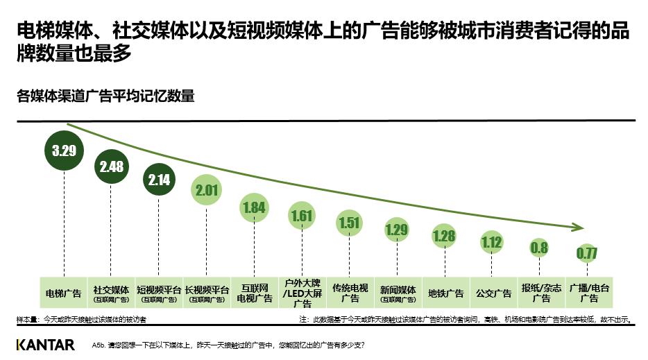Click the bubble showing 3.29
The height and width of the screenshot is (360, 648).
pyautogui.click(x=64, y=150)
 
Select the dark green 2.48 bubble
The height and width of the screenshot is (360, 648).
pyautogui.click(x=112, y=167)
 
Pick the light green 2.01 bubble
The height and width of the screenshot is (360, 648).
pyautogui.click(x=207, y=190)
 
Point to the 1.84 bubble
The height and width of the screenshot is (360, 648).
pyautogui.click(x=255, y=207)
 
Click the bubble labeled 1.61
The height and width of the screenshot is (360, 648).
pyautogui.click(x=302, y=216)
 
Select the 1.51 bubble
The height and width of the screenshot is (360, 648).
pyautogui.click(x=350, y=223)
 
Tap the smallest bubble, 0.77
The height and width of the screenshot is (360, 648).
pyautogui.click(x=587, y=253)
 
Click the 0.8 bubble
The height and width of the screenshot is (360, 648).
pyautogui.click(x=539, y=247)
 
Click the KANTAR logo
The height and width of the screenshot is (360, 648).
pyautogui.click(x=45, y=345)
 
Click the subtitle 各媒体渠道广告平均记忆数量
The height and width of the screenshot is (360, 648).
pyautogui.click(x=105, y=96)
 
